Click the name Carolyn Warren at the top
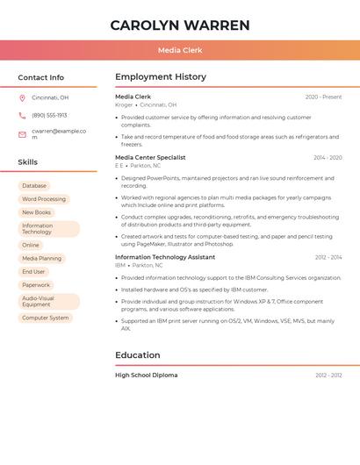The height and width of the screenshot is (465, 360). point(179,25)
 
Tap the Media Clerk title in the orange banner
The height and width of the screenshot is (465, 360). point(179,50)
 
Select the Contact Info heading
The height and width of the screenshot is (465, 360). point(40,77)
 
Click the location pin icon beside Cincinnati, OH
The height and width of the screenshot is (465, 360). point(22,98)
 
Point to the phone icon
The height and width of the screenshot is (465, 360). point(22,115)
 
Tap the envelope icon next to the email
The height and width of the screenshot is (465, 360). point(22,134)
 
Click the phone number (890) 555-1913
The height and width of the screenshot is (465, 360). point(49,115)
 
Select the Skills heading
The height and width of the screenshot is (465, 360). point(28,162)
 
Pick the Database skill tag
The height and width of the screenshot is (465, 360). point(34,186)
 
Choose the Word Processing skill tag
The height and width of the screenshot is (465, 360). point(44,199)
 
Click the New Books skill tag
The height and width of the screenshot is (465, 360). point(37,212)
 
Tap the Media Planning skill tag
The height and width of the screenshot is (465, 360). point(41,259)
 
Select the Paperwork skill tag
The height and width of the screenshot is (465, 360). point(36,285)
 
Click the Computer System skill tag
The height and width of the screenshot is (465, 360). point(45,318)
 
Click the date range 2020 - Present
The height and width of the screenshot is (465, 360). point(323,97)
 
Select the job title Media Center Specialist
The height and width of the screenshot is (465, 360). point(150,158)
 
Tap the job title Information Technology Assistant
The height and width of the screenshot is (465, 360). point(165,257)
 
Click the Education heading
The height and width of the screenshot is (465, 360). point(137,355)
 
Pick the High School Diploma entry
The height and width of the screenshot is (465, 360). point(146,376)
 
